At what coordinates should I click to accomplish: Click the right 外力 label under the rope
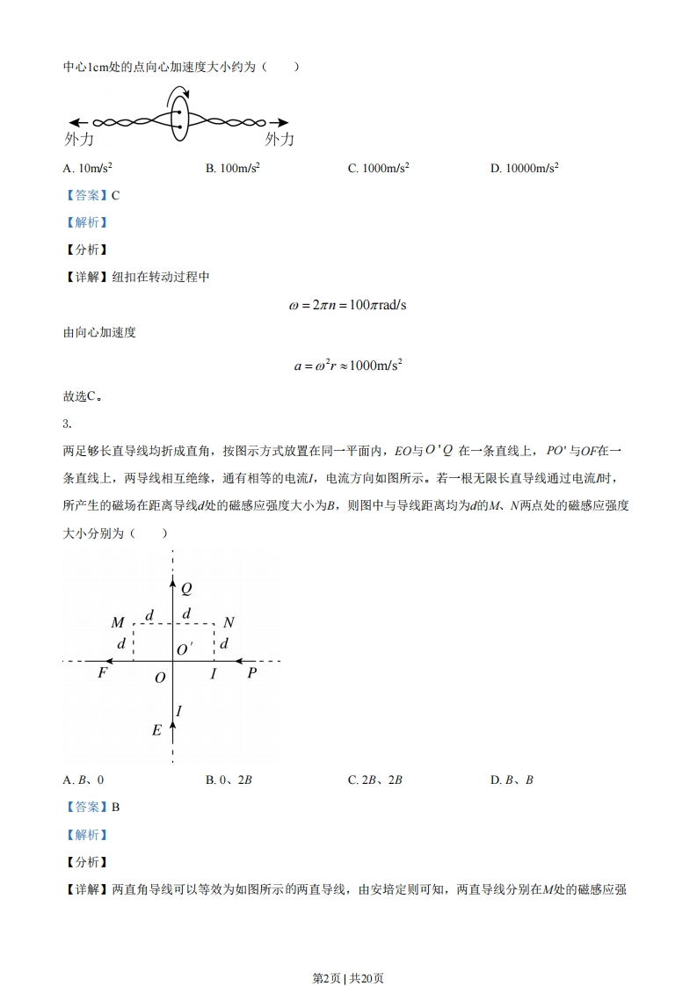(280, 139)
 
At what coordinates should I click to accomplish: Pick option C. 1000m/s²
(379, 168)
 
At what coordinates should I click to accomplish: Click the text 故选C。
(83, 396)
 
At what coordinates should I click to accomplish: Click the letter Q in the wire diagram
(186, 589)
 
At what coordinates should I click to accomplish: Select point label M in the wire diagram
(118, 623)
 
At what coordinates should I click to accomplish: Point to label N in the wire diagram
(229, 623)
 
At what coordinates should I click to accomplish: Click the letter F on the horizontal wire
(103, 674)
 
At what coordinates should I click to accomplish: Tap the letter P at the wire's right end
(252, 674)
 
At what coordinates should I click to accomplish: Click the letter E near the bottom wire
(157, 730)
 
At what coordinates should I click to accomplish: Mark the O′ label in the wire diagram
(185, 649)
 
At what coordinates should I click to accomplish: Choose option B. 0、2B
(229, 779)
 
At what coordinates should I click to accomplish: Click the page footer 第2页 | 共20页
(348, 953)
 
